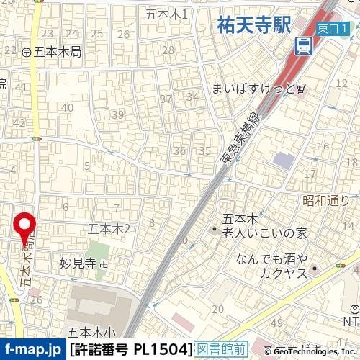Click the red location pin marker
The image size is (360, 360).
[27, 228]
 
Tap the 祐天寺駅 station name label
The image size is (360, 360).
[253, 26]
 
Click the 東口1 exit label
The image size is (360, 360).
[333, 28]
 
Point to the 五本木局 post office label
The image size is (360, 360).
[56, 52]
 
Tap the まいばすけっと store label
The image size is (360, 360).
[254, 89]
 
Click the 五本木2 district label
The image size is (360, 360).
[108, 229]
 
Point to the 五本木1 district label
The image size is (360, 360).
[166, 14]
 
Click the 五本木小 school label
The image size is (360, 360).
[91, 333]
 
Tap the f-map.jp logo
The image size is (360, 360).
[32, 350]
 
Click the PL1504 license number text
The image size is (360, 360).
[163, 350]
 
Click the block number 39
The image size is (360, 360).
[117, 114]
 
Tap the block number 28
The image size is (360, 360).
[168, 50]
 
